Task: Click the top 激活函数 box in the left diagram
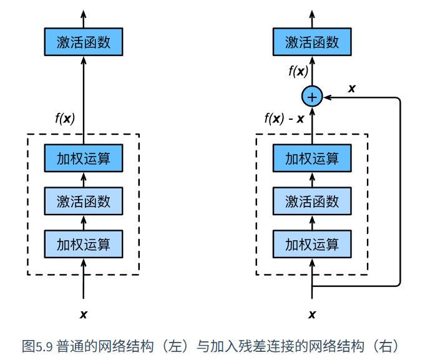[x=84, y=42]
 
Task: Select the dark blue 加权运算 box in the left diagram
[x=84, y=158]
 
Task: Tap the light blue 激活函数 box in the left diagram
[x=84, y=201]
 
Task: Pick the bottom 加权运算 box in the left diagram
[x=84, y=244]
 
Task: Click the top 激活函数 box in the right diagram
[x=312, y=42]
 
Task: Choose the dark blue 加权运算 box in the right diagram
[x=312, y=158]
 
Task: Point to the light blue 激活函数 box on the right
[x=312, y=201]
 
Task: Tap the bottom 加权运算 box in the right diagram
[x=312, y=244]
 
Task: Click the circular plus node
[x=312, y=97]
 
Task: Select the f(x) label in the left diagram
[x=65, y=119]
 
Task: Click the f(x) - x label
[x=284, y=119]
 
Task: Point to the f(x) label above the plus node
[x=298, y=71]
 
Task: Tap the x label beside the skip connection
[x=351, y=89]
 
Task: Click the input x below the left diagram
[x=84, y=314]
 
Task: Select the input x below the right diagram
[x=312, y=314]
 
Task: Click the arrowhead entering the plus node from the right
[x=327, y=97]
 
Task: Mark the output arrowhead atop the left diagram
[x=84, y=14]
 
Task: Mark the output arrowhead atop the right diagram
[x=312, y=14]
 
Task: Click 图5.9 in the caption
[x=37, y=346]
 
